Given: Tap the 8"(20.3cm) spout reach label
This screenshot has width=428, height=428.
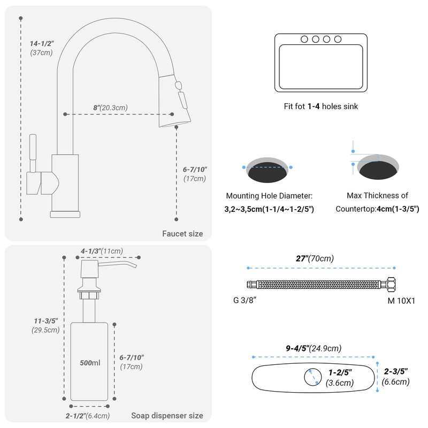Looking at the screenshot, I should (110, 108).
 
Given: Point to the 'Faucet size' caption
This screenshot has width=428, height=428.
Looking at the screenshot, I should (182, 233).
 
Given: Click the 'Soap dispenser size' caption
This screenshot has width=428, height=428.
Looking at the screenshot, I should (167, 415).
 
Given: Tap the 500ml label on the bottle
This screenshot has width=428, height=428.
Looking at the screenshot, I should (90, 363).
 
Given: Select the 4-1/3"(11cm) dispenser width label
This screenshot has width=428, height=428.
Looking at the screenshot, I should (102, 251).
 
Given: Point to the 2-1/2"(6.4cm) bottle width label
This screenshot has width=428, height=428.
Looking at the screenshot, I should (88, 416).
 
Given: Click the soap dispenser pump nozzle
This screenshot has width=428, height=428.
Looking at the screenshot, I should (126, 264).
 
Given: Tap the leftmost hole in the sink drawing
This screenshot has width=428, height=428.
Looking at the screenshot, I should (305, 39).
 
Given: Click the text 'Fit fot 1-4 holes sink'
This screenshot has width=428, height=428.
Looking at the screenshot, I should (321, 106).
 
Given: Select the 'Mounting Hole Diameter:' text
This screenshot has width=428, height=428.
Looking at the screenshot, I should (269, 196).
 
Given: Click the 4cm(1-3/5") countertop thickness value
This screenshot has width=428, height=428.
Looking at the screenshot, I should (398, 209).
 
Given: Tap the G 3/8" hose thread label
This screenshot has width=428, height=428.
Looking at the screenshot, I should (245, 300).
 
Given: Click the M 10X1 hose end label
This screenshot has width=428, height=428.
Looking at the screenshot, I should (401, 300).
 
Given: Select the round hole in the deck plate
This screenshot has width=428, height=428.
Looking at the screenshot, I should (311, 377).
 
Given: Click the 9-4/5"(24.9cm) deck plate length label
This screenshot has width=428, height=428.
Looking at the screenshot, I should (314, 348).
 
